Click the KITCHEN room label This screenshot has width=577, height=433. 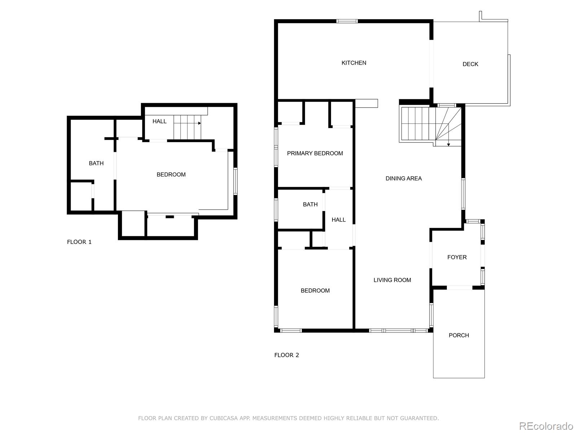click(x=353, y=63)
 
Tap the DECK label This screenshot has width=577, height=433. click(x=470, y=64)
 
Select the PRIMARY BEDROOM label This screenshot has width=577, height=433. click(x=315, y=153)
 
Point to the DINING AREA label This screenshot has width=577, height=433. click(x=404, y=179)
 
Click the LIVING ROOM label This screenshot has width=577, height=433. click(x=392, y=280)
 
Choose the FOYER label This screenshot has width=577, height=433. click(x=457, y=257)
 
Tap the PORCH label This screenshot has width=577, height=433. click(x=459, y=335)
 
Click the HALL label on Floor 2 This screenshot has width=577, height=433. click(x=338, y=220)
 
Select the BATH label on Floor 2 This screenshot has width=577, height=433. click(x=310, y=204)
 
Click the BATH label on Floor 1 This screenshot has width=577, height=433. click(x=96, y=163)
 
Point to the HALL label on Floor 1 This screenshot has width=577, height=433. click(x=159, y=121)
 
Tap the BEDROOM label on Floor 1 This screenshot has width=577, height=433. click(x=171, y=175)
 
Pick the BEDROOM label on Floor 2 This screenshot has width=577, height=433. click(x=315, y=290)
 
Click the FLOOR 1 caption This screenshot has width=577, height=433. click(x=79, y=242)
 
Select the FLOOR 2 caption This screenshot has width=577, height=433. click(x=287, y=355)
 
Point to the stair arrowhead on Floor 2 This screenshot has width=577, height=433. click(x=449, y=145)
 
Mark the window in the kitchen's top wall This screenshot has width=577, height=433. click(x=347, y=21)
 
